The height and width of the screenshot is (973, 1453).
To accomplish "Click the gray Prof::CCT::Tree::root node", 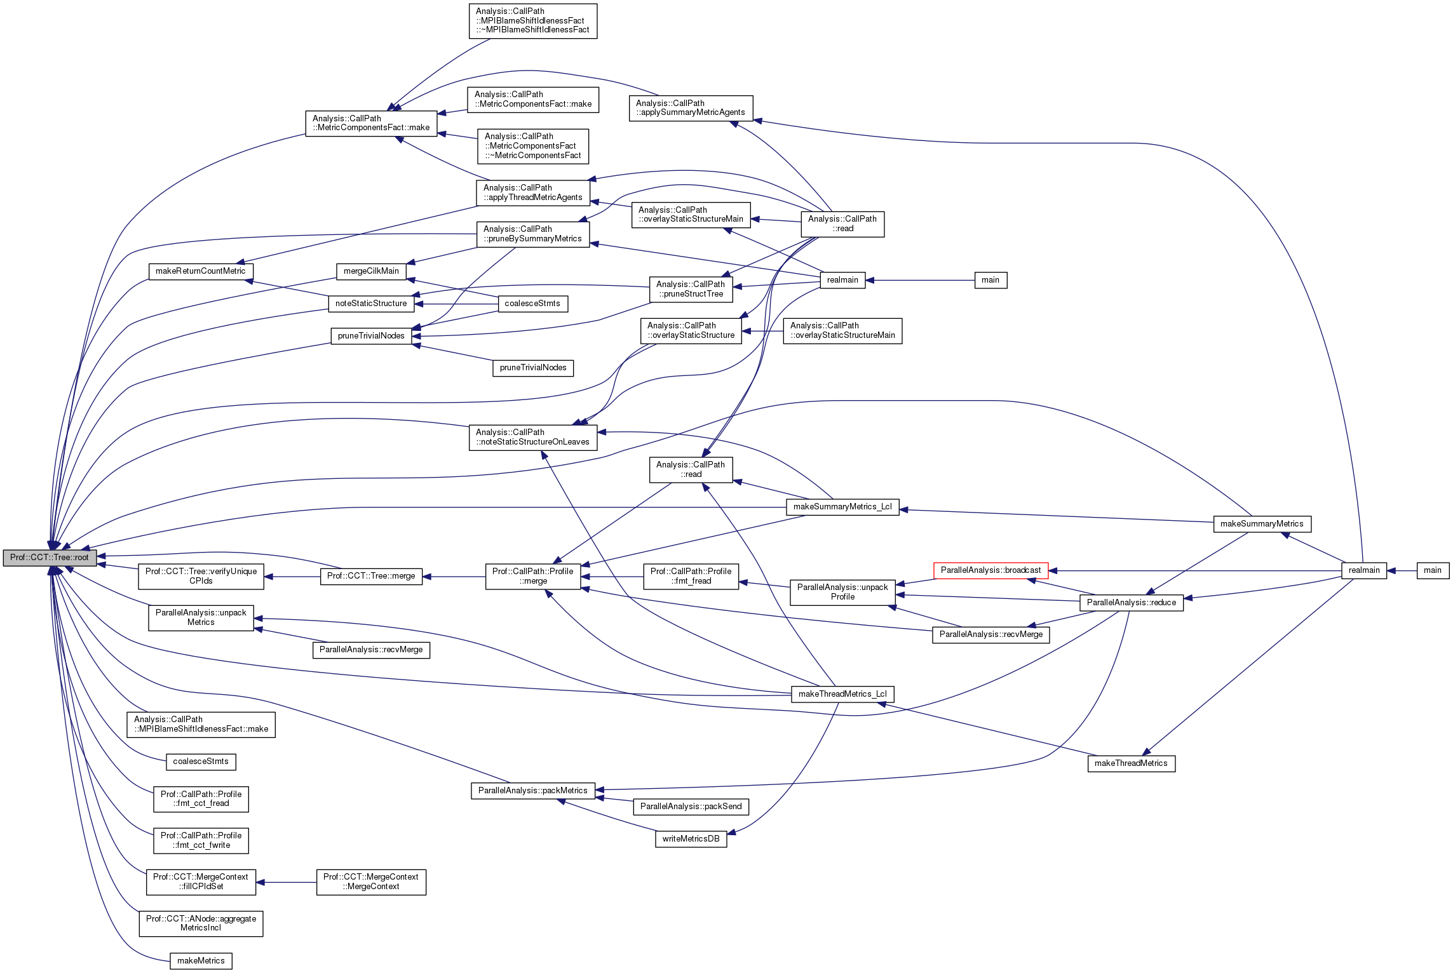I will pos(50,558).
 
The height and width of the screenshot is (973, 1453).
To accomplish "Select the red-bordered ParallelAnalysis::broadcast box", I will pos(990,570).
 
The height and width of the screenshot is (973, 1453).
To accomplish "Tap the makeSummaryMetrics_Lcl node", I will pos(842,507).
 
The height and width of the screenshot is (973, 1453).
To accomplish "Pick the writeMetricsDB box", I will pos(691,839).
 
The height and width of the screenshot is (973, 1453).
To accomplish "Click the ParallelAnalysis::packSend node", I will pos(691,807).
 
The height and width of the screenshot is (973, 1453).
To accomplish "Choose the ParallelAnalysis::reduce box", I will pos(1131,603).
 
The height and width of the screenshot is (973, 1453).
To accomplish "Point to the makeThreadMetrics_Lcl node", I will pos(842,694).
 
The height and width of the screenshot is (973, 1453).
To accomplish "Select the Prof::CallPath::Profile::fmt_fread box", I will pos(691,576).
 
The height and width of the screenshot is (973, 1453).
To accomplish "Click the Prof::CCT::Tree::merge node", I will pos(371,576).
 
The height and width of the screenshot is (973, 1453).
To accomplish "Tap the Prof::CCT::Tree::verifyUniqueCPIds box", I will pos(201,576).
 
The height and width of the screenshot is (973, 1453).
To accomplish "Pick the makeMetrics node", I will pos(201,961).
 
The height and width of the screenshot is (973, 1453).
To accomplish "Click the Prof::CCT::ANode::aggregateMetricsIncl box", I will pos(201,923).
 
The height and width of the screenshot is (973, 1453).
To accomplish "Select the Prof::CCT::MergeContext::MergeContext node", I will pos(371,882).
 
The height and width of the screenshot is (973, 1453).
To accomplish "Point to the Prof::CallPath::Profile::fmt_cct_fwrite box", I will pos(201,841).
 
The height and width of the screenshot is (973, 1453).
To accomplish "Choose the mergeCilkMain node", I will pos(371,271).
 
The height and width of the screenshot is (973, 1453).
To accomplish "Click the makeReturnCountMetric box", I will pos(201,271).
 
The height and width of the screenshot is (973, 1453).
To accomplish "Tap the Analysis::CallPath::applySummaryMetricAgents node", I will pos(691,108).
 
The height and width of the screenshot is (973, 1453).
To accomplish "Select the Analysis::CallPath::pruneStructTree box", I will pos(691,289).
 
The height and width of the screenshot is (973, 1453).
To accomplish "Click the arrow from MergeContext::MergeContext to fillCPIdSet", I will pos(286,882).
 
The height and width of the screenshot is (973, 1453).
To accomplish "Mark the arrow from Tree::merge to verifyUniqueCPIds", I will pos(292,577).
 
